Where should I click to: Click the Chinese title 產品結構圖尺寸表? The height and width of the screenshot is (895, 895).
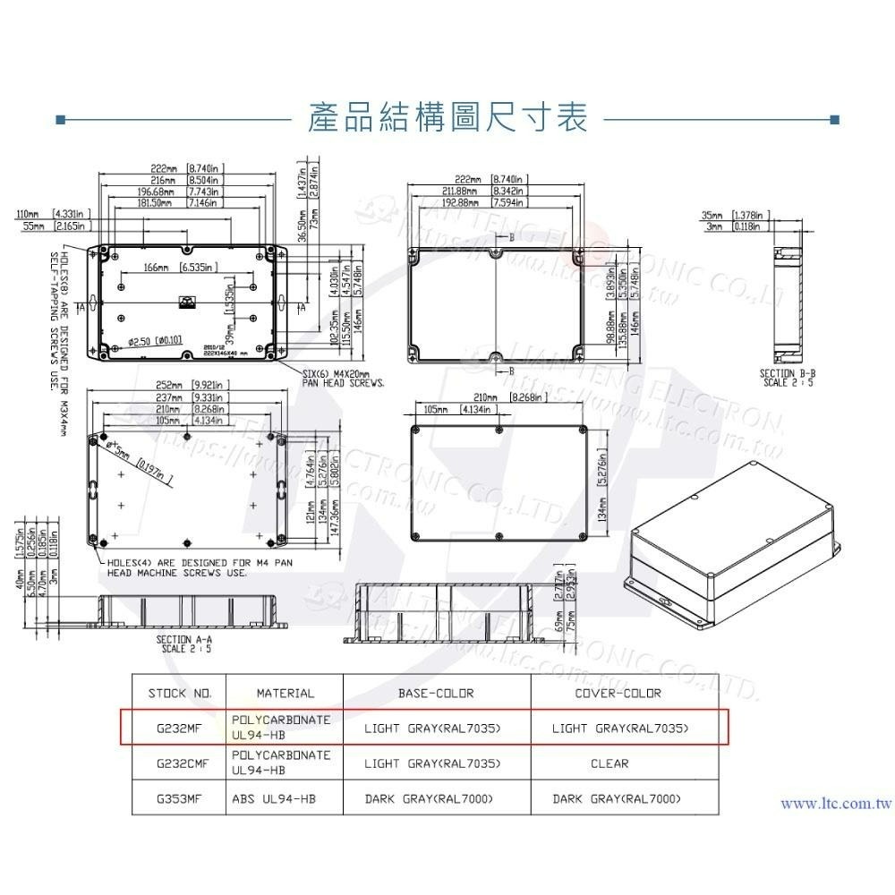point(447,117)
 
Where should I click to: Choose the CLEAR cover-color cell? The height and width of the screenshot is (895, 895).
point(609,763)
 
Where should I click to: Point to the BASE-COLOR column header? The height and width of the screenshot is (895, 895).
point(436,693)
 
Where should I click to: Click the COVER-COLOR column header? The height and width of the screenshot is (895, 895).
point(618,693)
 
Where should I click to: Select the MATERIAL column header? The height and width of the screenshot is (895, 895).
point(285,693)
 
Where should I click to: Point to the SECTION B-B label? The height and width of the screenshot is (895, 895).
point(788,377)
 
